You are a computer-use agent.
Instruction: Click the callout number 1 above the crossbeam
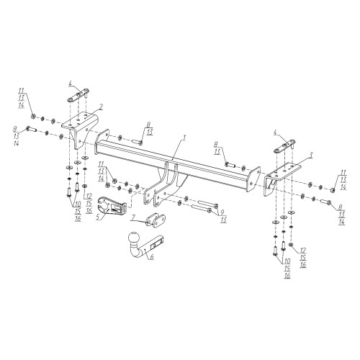pyautogui.click(x=184, y=138)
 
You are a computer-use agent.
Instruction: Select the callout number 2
pyautogui.click(x=101, y=107)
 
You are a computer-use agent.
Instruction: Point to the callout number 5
pyautogui.click(x=98, y=217)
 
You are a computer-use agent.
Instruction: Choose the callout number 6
pyautogui.click(x=152, y=257)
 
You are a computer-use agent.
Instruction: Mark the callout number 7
pyautogui.click(x=134, y=217)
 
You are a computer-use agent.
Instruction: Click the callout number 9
pyautogui.click(x=222, y=212)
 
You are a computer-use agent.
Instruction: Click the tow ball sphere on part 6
pyautogui.click(x=133, y=238)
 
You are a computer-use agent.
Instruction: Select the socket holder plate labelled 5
pyautogui.click(x=112, y=205)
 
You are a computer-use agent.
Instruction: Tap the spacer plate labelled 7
pyautogui.click(x=156, y=219)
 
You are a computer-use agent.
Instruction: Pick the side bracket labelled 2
pyautogui.click(x=81, y=130)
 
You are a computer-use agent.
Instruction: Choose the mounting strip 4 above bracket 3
pyautogui.click(x=285, y=145)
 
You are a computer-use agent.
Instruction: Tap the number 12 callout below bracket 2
pyautogui.click(x=89, y=197)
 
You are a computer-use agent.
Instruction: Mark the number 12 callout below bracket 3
pyautogui.click(x=303, y=251)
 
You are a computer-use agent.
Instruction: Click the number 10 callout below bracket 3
pyautogui.click(x=287, y=261)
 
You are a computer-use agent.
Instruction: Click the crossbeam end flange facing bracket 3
pyautogui.click(x=253, y=179)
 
